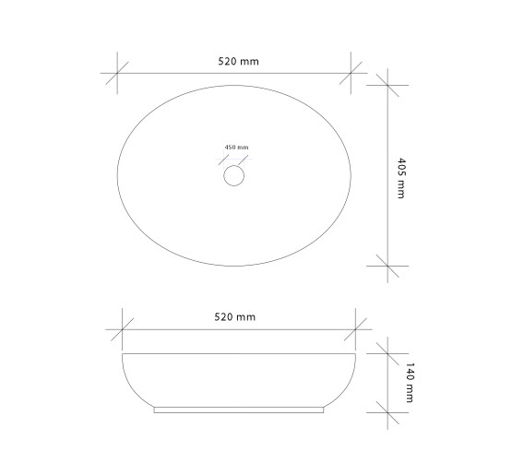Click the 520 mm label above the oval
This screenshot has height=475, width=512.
point(238,62)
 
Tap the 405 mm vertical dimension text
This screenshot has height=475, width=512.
point(400,178)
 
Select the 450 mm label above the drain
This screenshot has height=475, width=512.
point(236,148)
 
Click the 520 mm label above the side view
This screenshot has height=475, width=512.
point(234,317)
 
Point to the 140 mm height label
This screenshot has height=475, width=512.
point(410,383)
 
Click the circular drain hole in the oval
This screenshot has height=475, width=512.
point(233,175)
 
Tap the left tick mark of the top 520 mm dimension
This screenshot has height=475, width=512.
point(117,73)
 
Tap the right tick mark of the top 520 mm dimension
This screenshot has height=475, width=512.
point(351,73)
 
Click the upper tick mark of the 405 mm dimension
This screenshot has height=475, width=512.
point(387,85)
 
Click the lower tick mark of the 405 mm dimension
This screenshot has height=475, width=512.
point(387,266)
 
